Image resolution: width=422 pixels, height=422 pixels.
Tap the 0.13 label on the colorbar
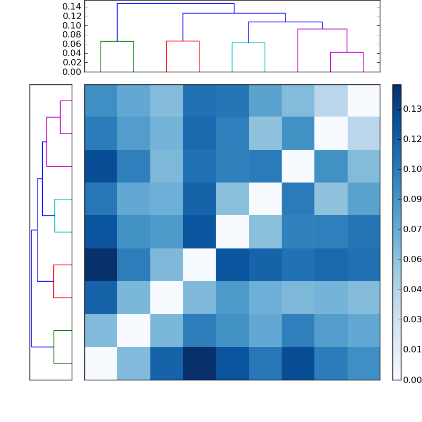tap(412, 109)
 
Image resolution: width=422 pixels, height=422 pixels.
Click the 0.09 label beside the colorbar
tap(412, 199)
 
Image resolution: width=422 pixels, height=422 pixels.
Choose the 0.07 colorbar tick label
tap(412, 229)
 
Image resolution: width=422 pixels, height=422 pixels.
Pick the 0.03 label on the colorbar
tap(412, 319)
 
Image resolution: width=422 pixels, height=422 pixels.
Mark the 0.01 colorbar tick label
tap(412, 349)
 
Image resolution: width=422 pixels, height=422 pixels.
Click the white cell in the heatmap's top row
tap(363, 101)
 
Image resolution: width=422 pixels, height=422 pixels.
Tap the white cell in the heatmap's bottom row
tap(101, 363)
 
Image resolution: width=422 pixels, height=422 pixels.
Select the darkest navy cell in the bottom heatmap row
tap(199, 363)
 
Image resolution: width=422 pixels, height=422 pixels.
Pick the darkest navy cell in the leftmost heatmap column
tap(101, 265)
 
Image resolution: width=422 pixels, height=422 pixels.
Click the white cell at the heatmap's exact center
tap(232, 232)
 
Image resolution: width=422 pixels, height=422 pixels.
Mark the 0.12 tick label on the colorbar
tap(412, 139)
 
